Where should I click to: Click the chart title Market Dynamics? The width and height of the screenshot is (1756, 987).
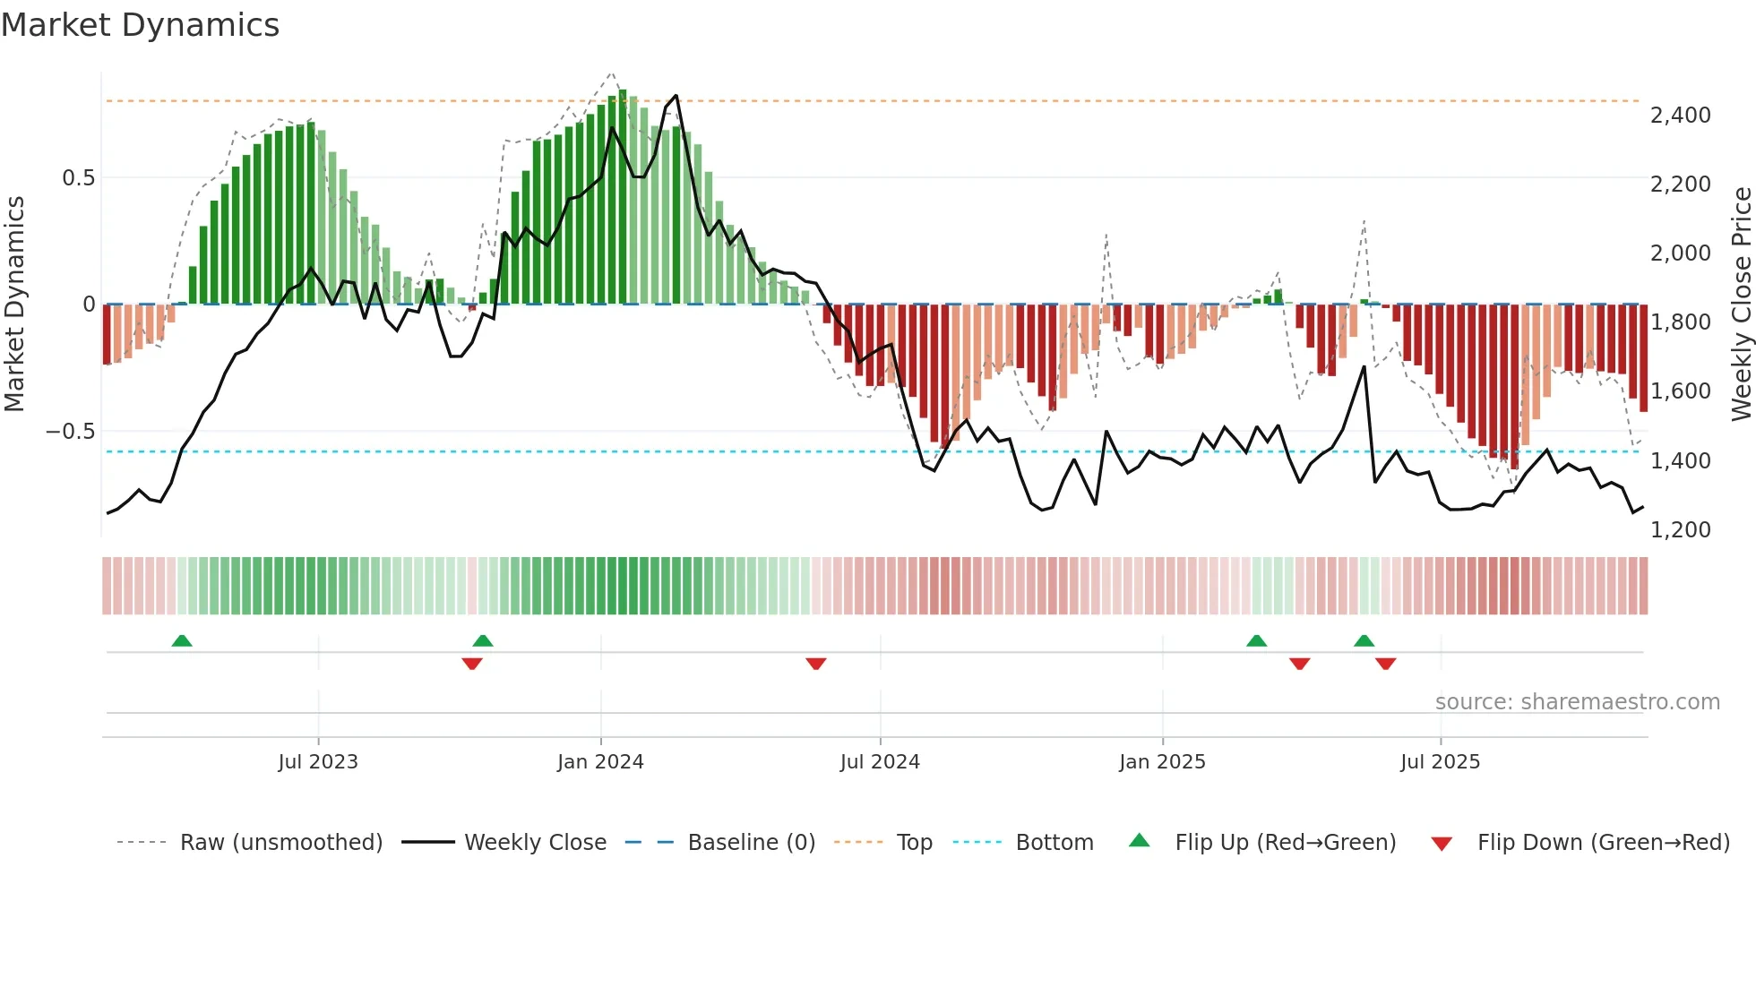tap(141, 25)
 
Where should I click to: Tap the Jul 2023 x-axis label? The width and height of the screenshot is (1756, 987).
tap(318, 762)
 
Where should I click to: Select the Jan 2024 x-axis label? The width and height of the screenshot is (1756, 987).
tap(600, 762)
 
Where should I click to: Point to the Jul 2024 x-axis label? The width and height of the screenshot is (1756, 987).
tap(880, 762)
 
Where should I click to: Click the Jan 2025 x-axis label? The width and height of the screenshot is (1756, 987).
tap(1162, 762)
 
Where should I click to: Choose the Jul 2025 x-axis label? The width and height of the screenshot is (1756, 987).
tap(1441, 762)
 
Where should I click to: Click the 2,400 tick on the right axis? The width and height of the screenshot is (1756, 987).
tap(1681, 115)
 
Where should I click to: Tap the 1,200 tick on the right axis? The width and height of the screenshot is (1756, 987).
tap(1681, 529)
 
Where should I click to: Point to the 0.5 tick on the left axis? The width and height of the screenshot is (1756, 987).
tap(78, 178)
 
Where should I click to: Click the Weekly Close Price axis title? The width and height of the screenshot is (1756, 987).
tap(1742, 304)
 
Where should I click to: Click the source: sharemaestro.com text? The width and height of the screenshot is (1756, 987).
tap(1578, 702)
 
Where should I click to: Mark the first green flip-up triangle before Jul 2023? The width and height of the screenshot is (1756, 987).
tap(182, 640)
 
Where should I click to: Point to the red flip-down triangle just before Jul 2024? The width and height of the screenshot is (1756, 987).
tap(816, 664)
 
